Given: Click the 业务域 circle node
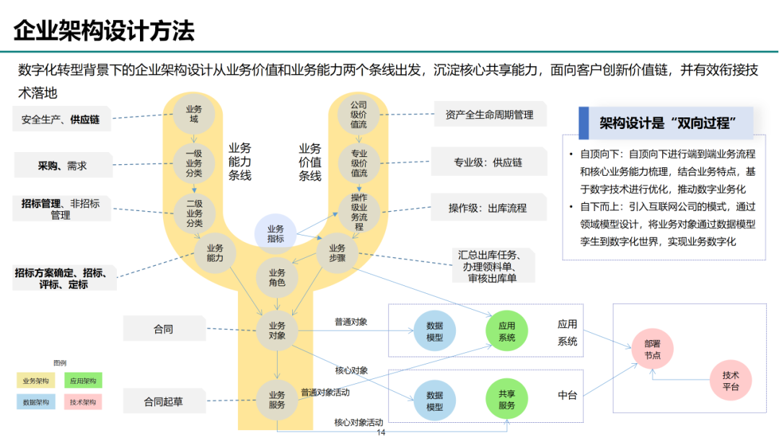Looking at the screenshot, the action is point(194,114).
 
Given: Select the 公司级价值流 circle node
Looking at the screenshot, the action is point(358,114).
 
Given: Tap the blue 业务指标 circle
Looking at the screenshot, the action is point(276,233).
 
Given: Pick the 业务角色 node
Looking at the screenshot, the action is point(277,277).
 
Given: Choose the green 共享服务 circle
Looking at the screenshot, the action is point(506,400).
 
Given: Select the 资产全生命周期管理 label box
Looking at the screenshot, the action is point(489,115).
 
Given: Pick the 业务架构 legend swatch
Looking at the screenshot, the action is point(35,380).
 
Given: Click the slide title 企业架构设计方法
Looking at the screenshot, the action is point(105,31).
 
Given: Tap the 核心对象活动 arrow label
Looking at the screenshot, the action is point(358,422).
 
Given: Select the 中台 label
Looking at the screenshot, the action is point(567,395).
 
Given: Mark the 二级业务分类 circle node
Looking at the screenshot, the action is point(194,213).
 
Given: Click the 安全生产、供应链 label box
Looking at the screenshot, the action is point(61,120).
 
